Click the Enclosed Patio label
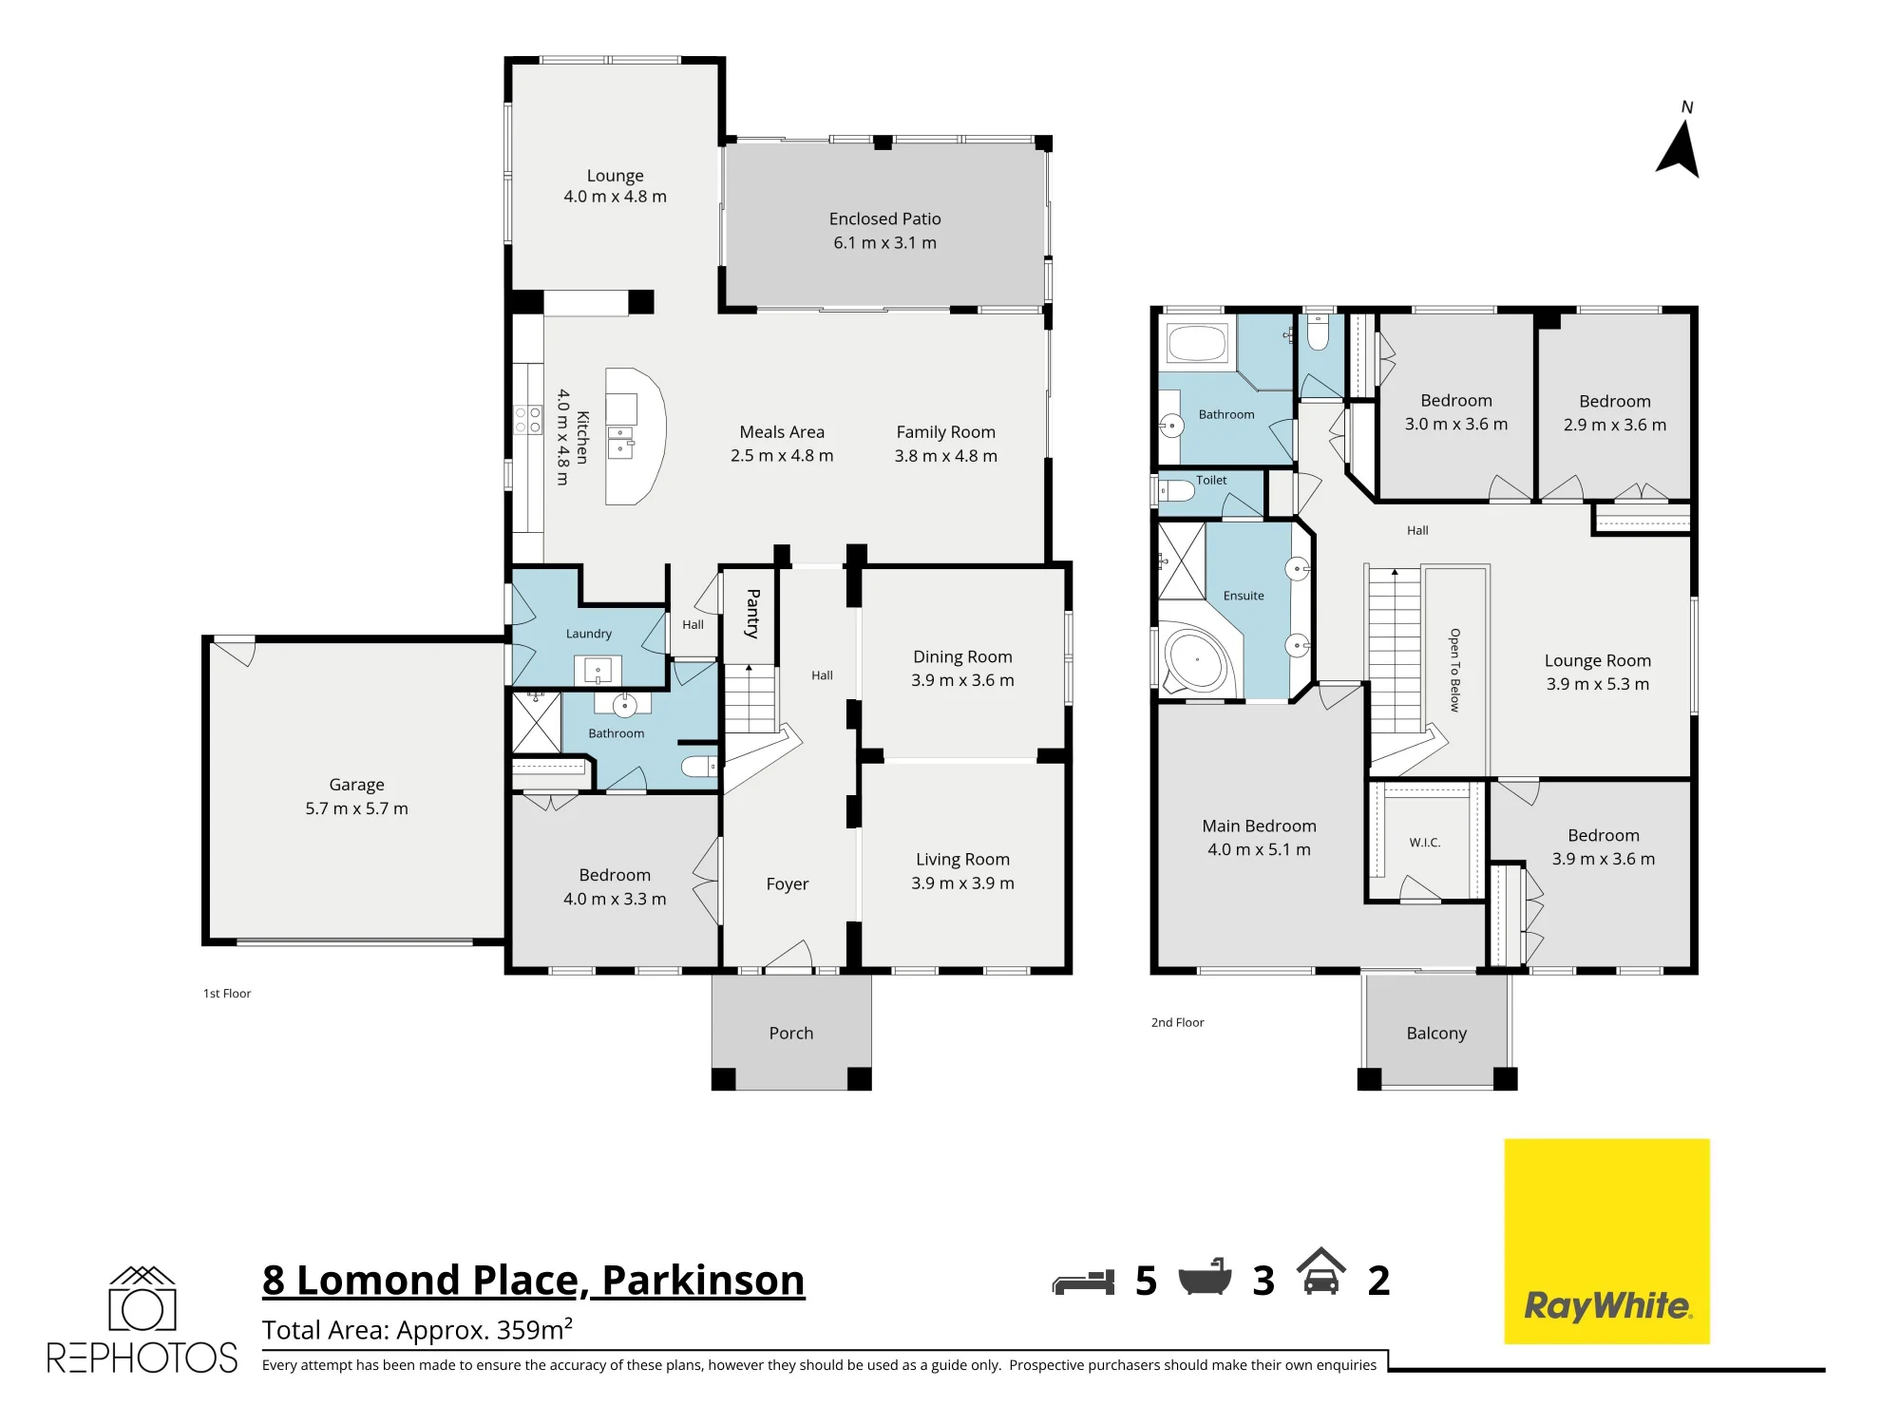click(x=884, y=218)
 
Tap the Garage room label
click(x=356, y=785)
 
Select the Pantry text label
click(x=752, y=614)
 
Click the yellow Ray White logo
click(x=1606, y=1241)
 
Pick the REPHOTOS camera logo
click(x=142, y=1319)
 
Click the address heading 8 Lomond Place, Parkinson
click(x=534, y=1280)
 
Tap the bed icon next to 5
click(x=1083, y=1282)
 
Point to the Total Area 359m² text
click(x=417, y=1329)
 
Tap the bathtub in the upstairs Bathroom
click(x=1197, y=344)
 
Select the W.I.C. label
click(x=1425, y=843)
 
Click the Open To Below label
click(x=1454, y=670)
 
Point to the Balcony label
click(x=1436, y=1033)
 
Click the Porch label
click(x=791, y=1033)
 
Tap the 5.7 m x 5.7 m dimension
click(x=356, y=808)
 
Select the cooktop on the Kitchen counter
click(x=528, y=419)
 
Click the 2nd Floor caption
click(x=1177, y=1022)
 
